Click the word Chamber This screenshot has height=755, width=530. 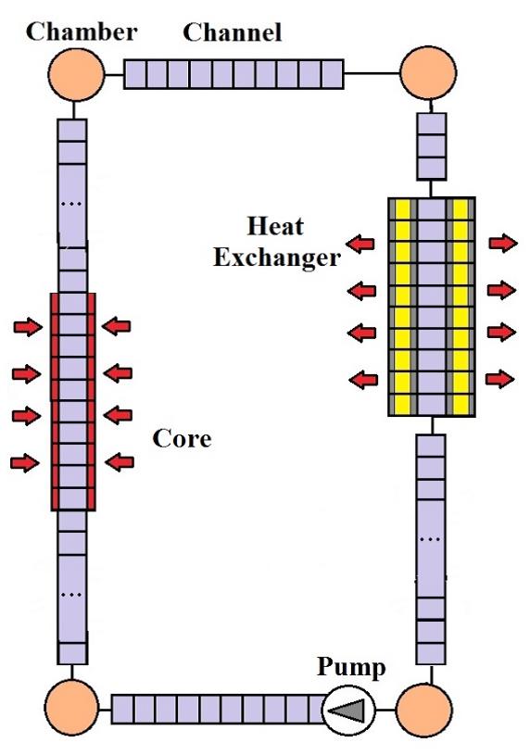[x=82, y=32]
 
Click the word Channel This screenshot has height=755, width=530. [x=233, y=32]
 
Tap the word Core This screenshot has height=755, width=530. [x=183, y=439]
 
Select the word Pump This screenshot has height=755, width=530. [x=351, y=668]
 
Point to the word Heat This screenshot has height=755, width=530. [x=275, y=226]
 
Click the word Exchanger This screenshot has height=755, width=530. [x=277, y=258]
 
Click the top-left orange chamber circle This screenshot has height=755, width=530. [x=76, y=74]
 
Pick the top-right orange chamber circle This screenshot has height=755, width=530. [x=428, y=72]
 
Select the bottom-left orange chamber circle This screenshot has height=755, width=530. [x=72, y=708]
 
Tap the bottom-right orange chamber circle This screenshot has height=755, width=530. [x=424, y=710]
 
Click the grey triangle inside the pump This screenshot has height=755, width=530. [x=350, y=711]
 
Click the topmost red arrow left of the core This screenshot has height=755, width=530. [x=28, y=327]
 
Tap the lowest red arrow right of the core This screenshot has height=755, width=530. [x=120, y=462]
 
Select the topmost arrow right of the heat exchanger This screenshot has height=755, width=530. [x=503, y=243]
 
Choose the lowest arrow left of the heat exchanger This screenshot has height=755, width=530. [x=363, y=380]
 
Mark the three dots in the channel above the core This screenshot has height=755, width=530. [x=71, y=204]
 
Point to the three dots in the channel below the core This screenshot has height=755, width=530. [x=71, y=595]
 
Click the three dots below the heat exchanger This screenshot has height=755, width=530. [x=430, y=540]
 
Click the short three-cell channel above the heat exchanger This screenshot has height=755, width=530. [x=431, y=146]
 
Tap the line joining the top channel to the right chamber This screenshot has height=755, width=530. [x=372, y=74]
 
